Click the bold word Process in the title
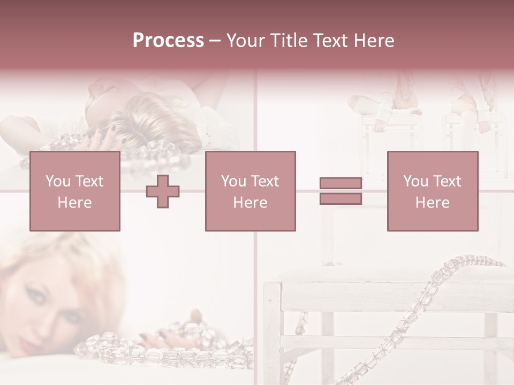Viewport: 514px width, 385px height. coord(168,41)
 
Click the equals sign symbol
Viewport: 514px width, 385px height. coord(341,191)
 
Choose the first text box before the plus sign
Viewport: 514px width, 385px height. coord(75,191)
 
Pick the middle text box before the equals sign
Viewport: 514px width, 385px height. coord(250,191)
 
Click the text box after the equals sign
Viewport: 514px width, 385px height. coord(432,191)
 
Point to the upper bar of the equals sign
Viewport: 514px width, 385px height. coord(341,183)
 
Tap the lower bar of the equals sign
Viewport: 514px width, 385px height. coord(341,198)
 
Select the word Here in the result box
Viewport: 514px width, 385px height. coord(432,203)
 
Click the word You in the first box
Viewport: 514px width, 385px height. coord(58,181)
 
